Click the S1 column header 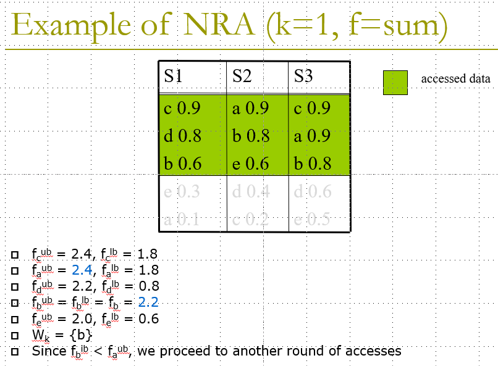[x=173, y=76]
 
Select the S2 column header [x=242, y=76]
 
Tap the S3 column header [x=303, y=76]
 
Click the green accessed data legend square [x=395, y=82]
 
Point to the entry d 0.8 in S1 [x=182, y=136]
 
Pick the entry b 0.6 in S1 [x=182, y=164]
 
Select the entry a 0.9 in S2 [x=250, y=109]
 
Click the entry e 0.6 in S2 [x=250, y=164]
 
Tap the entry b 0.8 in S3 [x=313, y=164]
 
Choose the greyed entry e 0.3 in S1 [x=182, y=191]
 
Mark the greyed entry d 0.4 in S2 [x=250, y=191]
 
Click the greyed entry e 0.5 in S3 [x=313, y=219]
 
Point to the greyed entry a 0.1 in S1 [x=182, y=219]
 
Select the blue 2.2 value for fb [x=148, y=302]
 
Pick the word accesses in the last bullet [x=369, y=351]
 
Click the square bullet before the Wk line [x=14, y=336]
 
